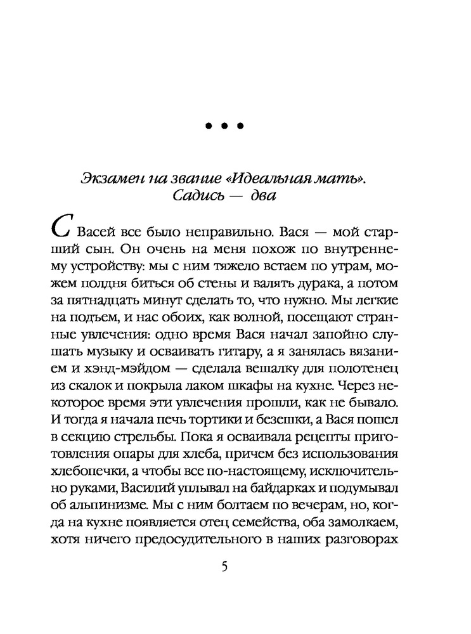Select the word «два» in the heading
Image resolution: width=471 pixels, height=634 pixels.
[x=261, y=197]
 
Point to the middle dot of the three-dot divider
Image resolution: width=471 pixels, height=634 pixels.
[x=225, y=127]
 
